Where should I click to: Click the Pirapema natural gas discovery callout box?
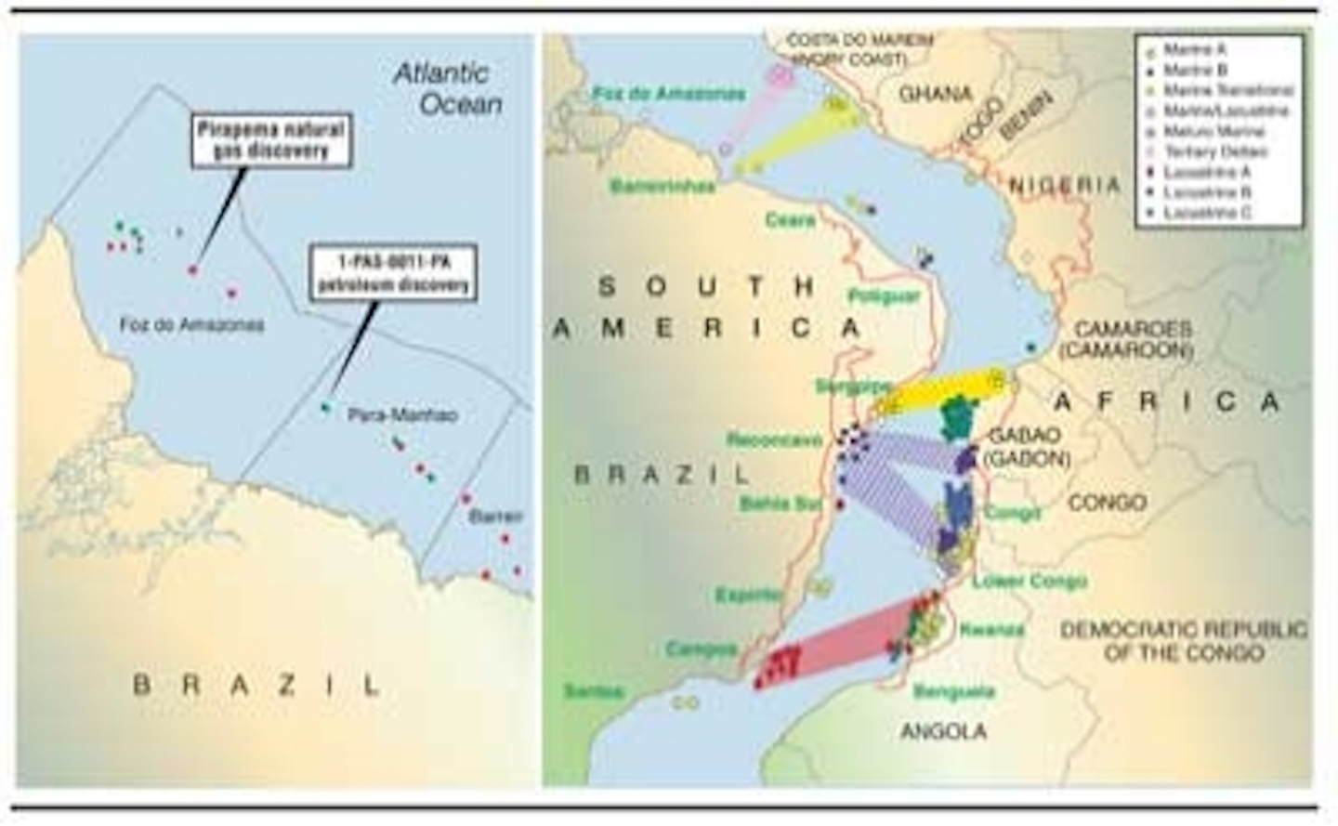pyautogui.click(x=270, y=141)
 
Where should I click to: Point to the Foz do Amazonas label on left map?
pyautogui.click(x=191, y=324)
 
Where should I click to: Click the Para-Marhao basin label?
pyautogui.click(x=401, y=415)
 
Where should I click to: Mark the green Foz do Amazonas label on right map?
pyautogui.click(x=669, y=94)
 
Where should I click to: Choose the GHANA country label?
pyautogui.click(x=935, y=94)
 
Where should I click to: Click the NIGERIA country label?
pyautogui.click(x=1065, y=185)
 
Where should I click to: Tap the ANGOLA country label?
pyautogui.click(x=944, y=731)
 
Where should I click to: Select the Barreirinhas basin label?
pyautogui.click(x=662, y=187)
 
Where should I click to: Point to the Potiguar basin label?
pyautogui.click(x=884, y=296)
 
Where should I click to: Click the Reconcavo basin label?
pyautogui.click(x=775, y=440)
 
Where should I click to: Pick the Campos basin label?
pyautogui.click(x=702, y=649)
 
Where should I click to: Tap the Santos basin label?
pyautogui.click(x=594, y=691)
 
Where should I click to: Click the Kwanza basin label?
pyautogui.click(x=991, y=629)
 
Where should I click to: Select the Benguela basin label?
pyautogui.click(x=954, y=691)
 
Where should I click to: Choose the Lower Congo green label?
pyautogui.click(x=1029, y=582)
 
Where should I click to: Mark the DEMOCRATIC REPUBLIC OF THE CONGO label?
pyautogui.click(x=1184, y=641)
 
